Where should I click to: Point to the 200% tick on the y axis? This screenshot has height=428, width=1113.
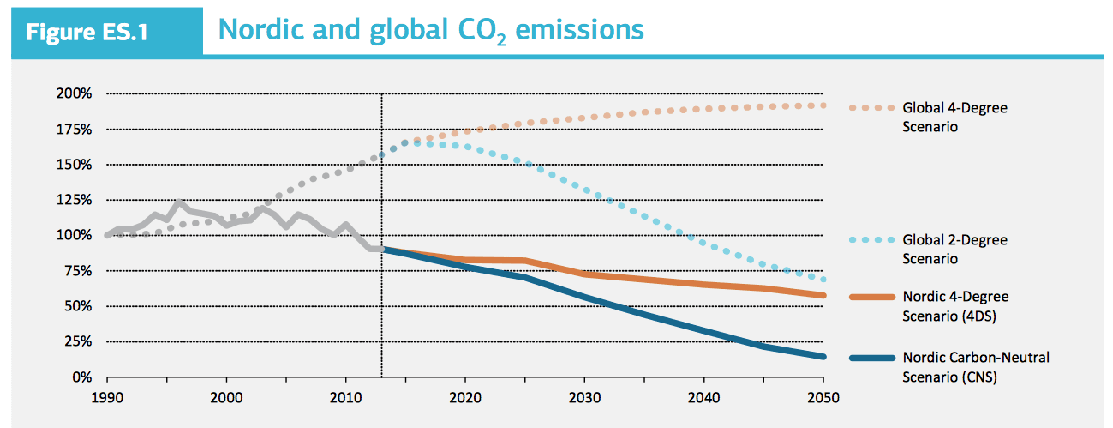coord(76,93)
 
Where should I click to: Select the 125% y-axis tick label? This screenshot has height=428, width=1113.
coord(76,200)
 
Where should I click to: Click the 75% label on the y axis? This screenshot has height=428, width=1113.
coord(80,271)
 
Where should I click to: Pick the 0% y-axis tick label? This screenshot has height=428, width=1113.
coord(83,377)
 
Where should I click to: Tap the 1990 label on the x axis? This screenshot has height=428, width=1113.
coord(107,397)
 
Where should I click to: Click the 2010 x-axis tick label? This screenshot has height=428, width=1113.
coord(345,397)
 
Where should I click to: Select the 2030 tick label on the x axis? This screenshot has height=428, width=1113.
coord(584,397)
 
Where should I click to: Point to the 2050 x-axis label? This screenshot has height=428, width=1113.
coord(823,397)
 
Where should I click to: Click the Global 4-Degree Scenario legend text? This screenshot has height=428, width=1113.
coord(954,118)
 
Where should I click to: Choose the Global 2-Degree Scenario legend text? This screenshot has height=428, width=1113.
coord(954,250)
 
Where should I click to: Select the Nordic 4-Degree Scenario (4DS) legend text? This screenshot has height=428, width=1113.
coord(955,304)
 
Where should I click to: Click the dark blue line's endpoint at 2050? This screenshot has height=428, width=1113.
coord(823,357)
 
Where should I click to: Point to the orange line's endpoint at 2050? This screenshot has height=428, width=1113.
coord(823,295)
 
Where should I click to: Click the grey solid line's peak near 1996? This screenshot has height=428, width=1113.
coord(178,203)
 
